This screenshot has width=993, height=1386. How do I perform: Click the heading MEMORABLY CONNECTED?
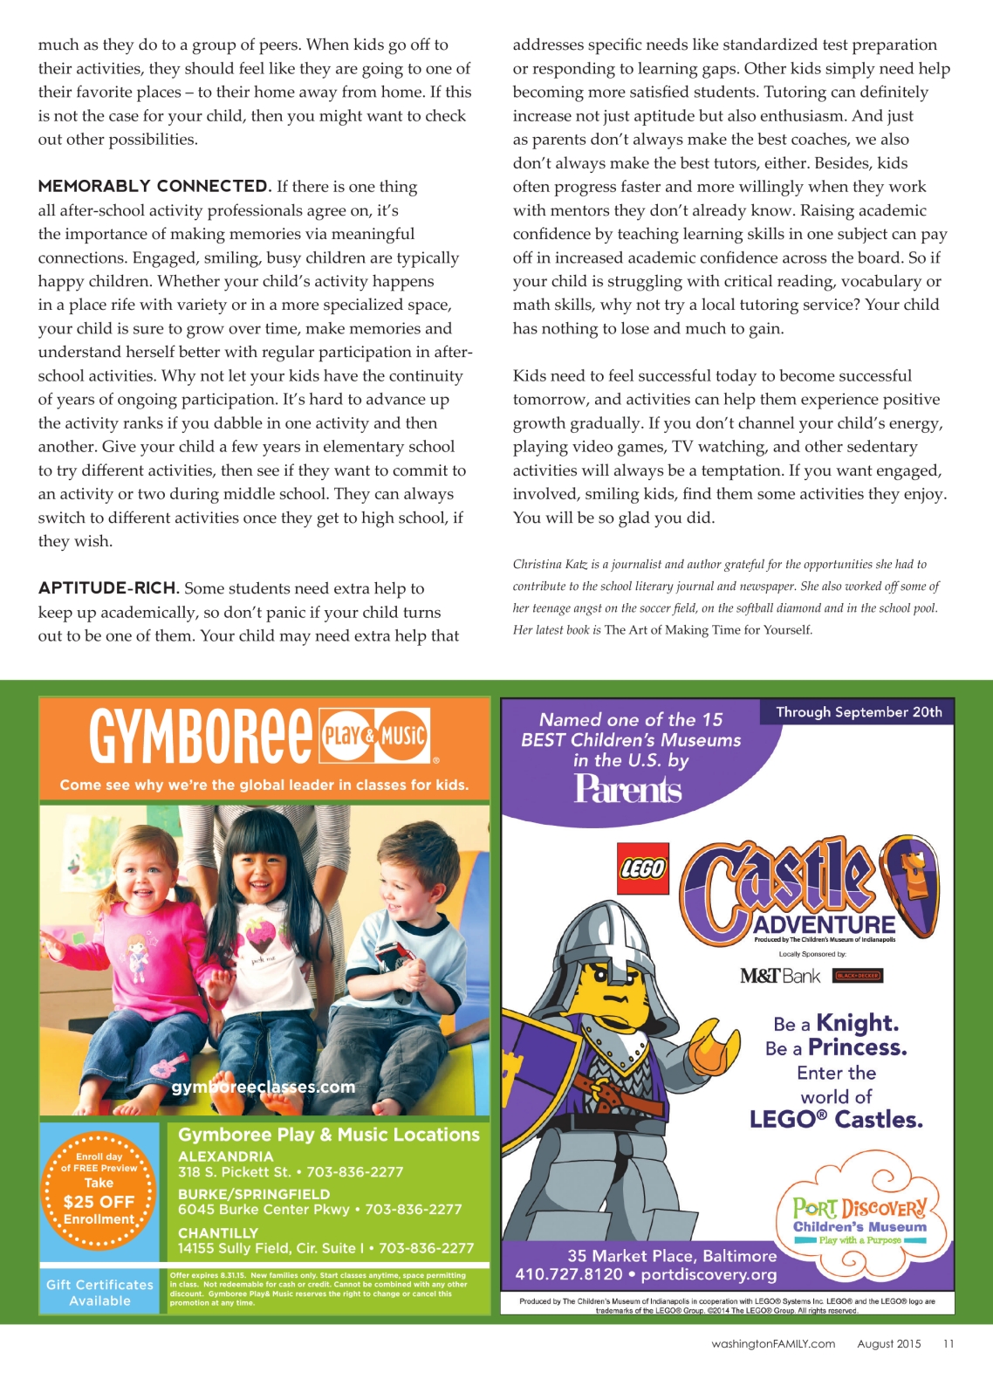154,186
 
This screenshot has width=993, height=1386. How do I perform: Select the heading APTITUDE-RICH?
108,588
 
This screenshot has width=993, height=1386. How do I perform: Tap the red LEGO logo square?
642,868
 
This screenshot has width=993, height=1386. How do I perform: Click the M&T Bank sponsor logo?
780,976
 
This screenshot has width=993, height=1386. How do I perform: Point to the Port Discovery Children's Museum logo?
859,1218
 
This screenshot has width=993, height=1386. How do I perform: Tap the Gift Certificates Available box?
99,1293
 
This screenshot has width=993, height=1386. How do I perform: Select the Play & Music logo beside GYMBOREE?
375,736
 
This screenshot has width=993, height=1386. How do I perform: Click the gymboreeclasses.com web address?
264,1088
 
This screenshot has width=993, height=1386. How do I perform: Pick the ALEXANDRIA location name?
226,1156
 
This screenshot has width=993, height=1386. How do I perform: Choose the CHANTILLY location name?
218,1233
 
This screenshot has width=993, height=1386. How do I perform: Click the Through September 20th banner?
859,712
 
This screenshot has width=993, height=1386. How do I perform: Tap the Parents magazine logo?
627,789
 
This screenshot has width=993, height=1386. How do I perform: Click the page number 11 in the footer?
948,1343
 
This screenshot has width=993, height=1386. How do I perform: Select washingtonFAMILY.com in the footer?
772,1343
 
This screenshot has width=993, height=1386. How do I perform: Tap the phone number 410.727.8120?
569,1274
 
